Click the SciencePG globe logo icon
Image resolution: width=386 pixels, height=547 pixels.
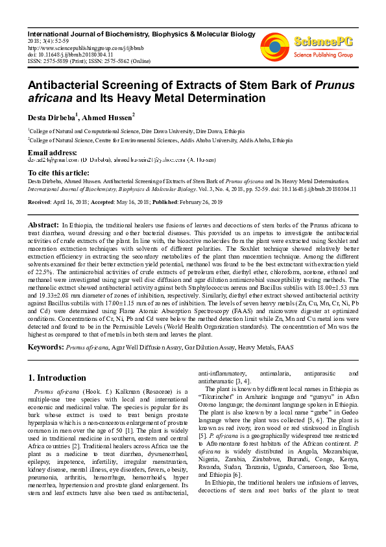tap(274, 45)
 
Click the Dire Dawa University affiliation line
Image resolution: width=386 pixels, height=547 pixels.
tap(126, 130)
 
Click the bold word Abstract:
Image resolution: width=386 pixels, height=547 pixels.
tap(43, 224)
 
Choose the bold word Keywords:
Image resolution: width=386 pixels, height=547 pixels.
tap(45, 348)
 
